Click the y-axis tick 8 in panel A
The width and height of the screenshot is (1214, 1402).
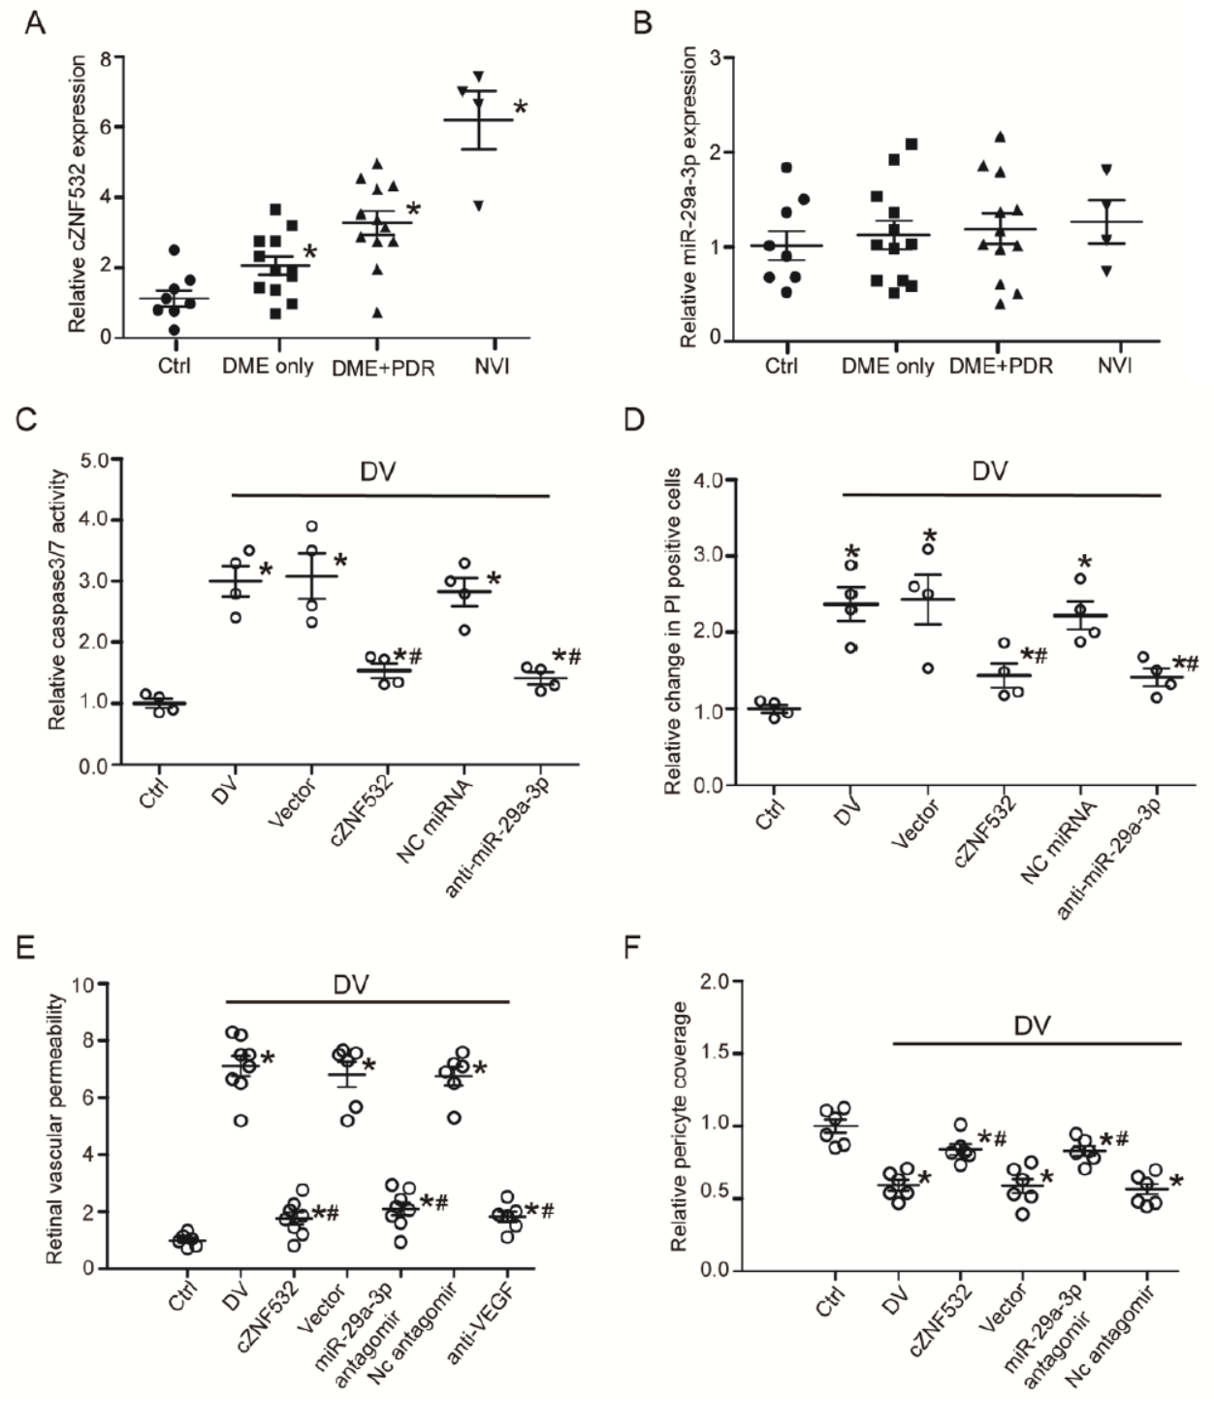point(104,56)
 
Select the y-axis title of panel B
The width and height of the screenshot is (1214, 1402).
point(688,197)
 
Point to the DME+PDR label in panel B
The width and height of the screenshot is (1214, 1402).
point(1001,367)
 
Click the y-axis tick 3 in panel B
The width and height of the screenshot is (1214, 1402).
point(716,58)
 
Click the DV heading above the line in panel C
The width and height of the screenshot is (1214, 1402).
point(378,472)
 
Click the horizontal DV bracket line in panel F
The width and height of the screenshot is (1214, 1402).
point(1036,1044)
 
